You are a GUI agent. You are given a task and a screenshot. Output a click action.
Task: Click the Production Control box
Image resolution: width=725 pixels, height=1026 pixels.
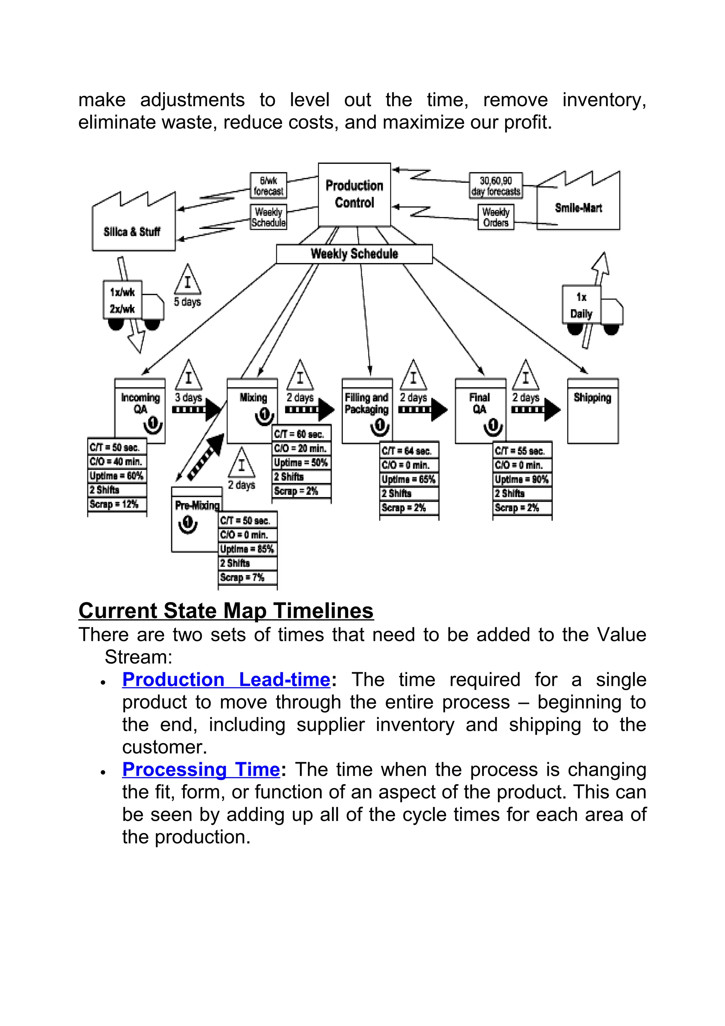point(354,194)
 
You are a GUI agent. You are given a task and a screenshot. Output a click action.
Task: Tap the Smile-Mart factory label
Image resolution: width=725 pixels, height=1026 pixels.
point(578,208)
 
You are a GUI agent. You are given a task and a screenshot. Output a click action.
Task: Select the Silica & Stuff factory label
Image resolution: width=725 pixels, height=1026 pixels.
point(132,232)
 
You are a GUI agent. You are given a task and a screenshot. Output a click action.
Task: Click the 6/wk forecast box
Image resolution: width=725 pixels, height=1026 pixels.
point(268,186)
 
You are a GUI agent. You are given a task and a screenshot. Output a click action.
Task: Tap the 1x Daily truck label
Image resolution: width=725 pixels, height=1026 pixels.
point(581,306)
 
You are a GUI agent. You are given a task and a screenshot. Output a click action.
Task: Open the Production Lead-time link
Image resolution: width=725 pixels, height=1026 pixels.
point(226,680)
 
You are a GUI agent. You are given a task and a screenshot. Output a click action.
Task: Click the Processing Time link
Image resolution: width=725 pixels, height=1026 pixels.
point(201,770)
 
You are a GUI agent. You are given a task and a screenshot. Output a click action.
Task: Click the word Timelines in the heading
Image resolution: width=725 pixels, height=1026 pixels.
point(324,611)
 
